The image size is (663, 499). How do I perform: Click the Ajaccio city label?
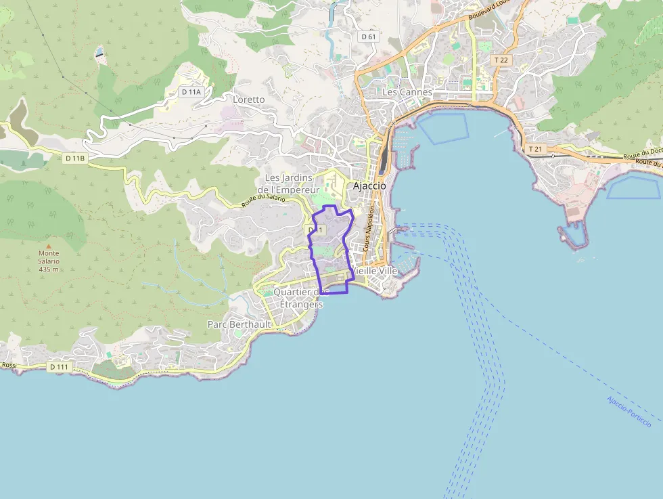(x=369, y=186)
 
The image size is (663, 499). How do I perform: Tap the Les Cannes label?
(x=407, y=92)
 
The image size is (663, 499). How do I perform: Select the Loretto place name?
(x=249, y=100)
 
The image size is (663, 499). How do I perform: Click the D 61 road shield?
(x=368, y=37)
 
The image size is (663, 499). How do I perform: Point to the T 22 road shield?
(x=501, y=60)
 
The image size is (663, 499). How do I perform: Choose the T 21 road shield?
(x=535, y=149)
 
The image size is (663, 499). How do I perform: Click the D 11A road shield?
(x=191, y=91)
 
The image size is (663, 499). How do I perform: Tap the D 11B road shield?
(x=75, y=158)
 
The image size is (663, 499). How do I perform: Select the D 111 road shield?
(x=60, y=366)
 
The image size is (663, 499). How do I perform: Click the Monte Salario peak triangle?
(x=48, y=246)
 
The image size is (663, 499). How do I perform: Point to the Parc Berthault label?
(x=239, y=324)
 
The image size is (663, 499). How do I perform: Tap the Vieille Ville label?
(x=375, y=270)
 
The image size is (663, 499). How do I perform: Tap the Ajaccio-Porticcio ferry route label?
(x=628, y=411)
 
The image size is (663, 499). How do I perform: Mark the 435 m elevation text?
(x=49, y=269)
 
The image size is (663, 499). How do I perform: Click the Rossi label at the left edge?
(x=9, y=365)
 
